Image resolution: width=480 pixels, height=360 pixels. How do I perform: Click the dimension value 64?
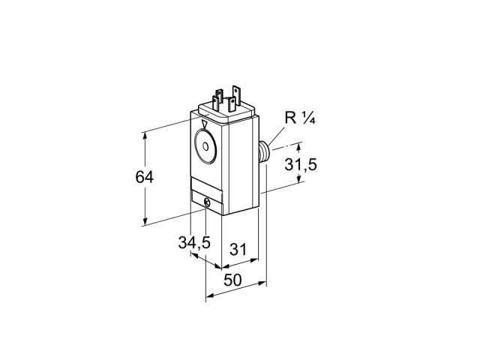tap(145, 177)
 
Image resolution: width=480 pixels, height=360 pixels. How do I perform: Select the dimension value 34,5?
tap(194, 243)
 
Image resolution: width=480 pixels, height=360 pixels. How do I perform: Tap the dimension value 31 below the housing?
tap(238, 249)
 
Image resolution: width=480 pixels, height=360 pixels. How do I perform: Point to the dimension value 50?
tap(232, 280)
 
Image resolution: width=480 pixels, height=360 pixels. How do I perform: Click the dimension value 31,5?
tap(301, 165)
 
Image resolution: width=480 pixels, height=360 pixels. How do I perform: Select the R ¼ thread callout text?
tap(300, 118)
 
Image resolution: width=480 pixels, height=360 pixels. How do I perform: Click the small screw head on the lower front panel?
tap(207, 202)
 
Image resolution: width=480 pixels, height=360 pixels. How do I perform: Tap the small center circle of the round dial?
tap(205, 147)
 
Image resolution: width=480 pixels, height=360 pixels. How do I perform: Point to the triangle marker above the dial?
tap(205, 124)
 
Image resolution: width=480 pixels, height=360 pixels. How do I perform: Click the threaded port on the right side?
tap(264, 151)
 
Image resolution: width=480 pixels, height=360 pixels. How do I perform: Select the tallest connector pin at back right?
tap(235, 91)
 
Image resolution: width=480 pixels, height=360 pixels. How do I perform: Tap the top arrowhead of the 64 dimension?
tap(145, 136)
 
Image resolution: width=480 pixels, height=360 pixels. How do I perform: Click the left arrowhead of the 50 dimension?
tap(210, 295)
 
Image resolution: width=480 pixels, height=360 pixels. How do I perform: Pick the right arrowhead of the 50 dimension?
tap(262, 283)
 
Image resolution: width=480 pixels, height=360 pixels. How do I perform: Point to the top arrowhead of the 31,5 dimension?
tap(299, 148)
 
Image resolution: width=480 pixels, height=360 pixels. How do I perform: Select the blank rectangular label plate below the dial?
tap(206, 184)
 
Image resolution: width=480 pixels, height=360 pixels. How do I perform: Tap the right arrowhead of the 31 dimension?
tap(254, 260)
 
